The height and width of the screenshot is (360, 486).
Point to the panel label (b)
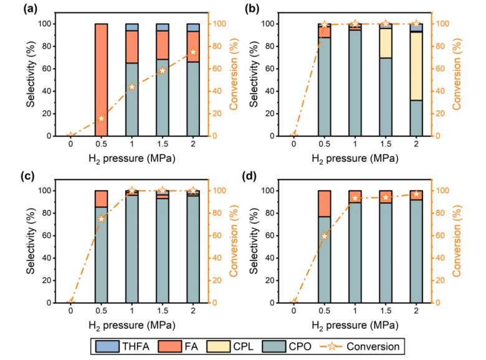point(254,10)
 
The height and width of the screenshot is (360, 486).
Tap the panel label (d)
point(254,176)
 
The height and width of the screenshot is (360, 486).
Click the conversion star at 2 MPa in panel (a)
point(193,52)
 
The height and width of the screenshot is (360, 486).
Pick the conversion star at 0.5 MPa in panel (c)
point(101,219)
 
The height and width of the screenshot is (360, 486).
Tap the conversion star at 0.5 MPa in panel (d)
point(324,236)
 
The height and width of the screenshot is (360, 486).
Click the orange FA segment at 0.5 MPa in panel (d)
point(324,203)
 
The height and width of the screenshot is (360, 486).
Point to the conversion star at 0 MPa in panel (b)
point(293,135)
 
